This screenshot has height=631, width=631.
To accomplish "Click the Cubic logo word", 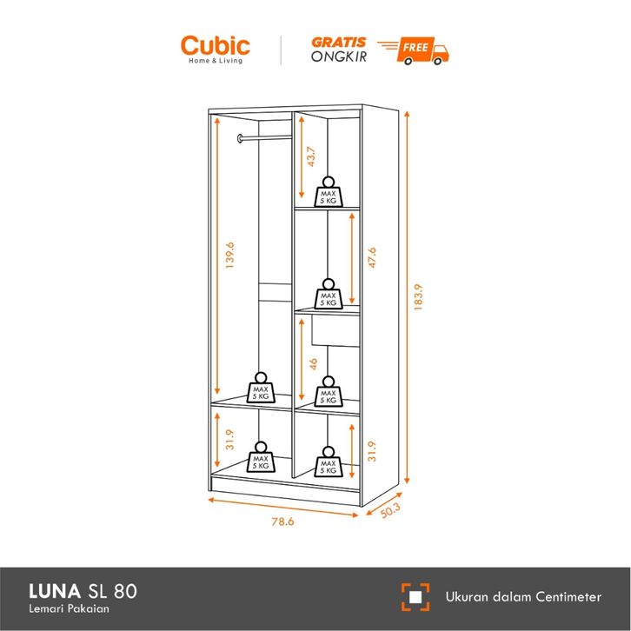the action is tap(215, 45).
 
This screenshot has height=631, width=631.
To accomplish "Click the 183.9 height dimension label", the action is tap(417, 300).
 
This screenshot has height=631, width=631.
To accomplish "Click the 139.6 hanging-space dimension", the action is tap(229, 256).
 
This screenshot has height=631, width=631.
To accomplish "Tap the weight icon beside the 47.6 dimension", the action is tap(328, 294).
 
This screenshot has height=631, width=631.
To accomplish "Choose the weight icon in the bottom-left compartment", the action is tap(261, 458).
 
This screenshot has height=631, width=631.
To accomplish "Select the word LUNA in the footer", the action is tap(51, 594).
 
